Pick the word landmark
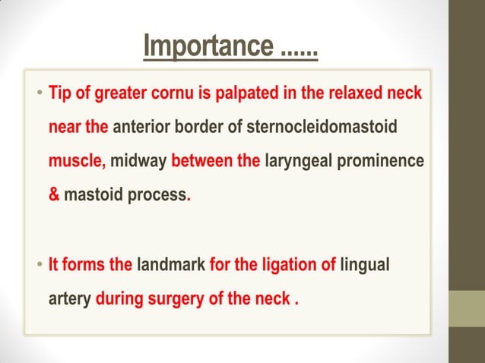pos(171,266)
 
